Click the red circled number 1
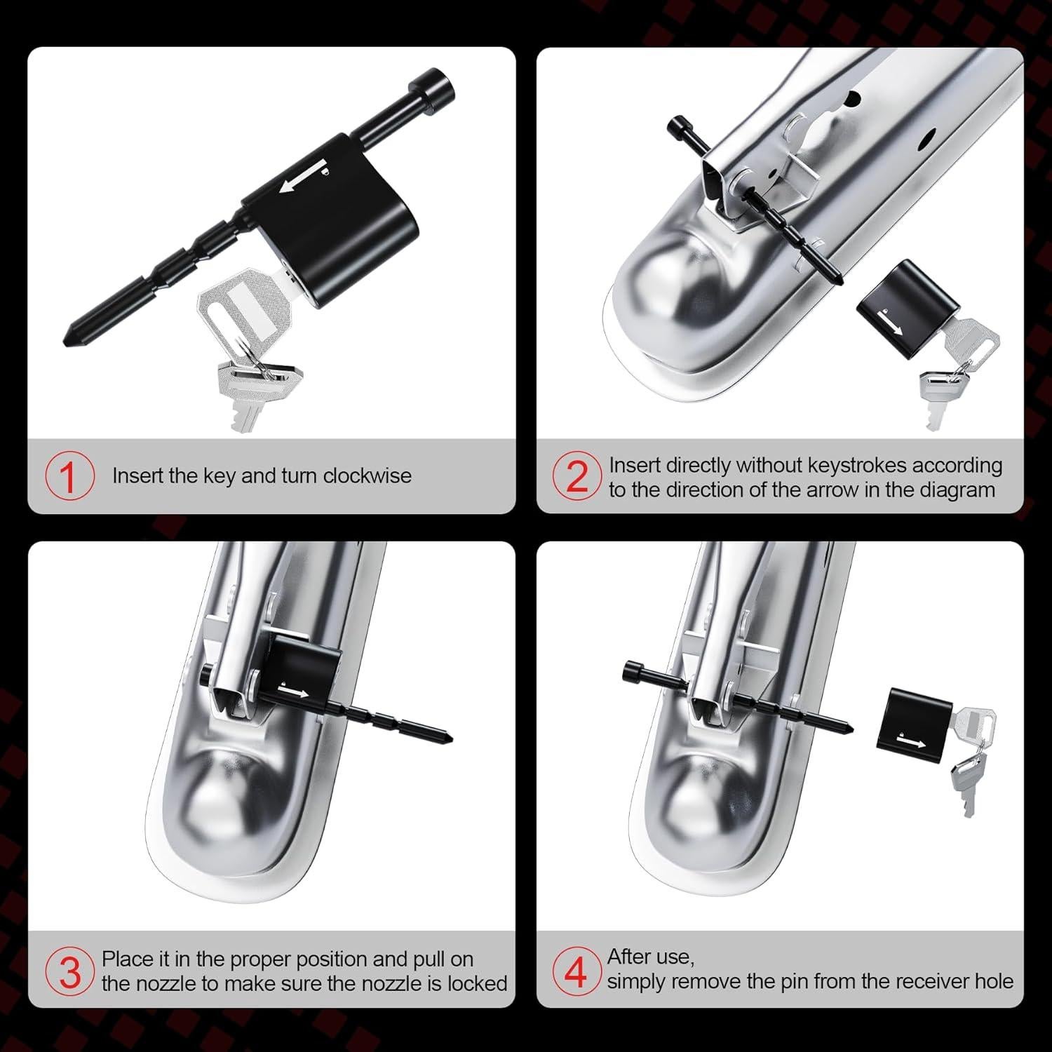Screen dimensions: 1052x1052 [x=69, y=476]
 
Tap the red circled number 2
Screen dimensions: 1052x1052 [x=576, y=476]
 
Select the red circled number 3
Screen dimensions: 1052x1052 [x=69, y=971]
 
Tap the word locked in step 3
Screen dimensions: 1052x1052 [x=476, y=983]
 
